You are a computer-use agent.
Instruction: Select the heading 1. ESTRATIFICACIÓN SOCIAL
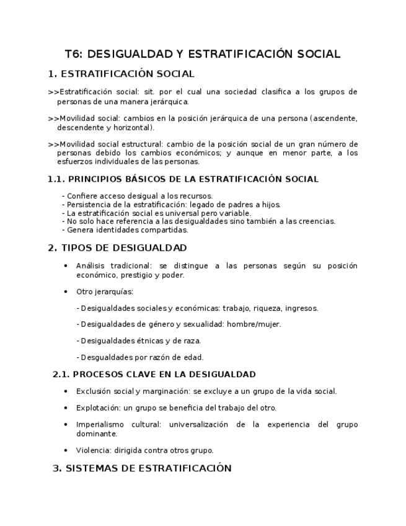tap(121, 74)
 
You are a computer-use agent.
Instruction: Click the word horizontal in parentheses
tap(129, 127)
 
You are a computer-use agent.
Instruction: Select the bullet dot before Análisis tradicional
tap(66, 266)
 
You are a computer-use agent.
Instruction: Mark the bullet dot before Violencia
tap(66, 451)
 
